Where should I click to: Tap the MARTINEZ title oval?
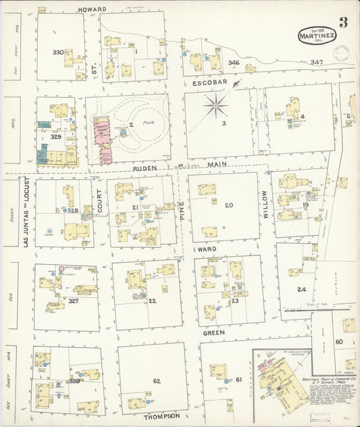pos(317,34)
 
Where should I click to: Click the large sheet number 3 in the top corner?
pos(343,22)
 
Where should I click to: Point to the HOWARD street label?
pos(93,9)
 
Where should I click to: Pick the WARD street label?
pos(207,249)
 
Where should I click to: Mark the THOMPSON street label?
pos(161,416)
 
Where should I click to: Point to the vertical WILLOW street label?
pos(265,204)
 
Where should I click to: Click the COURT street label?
pos(99,201)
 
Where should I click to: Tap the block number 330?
pos(58,52)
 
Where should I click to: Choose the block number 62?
pos(157,381)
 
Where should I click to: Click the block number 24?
pos(301,289)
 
